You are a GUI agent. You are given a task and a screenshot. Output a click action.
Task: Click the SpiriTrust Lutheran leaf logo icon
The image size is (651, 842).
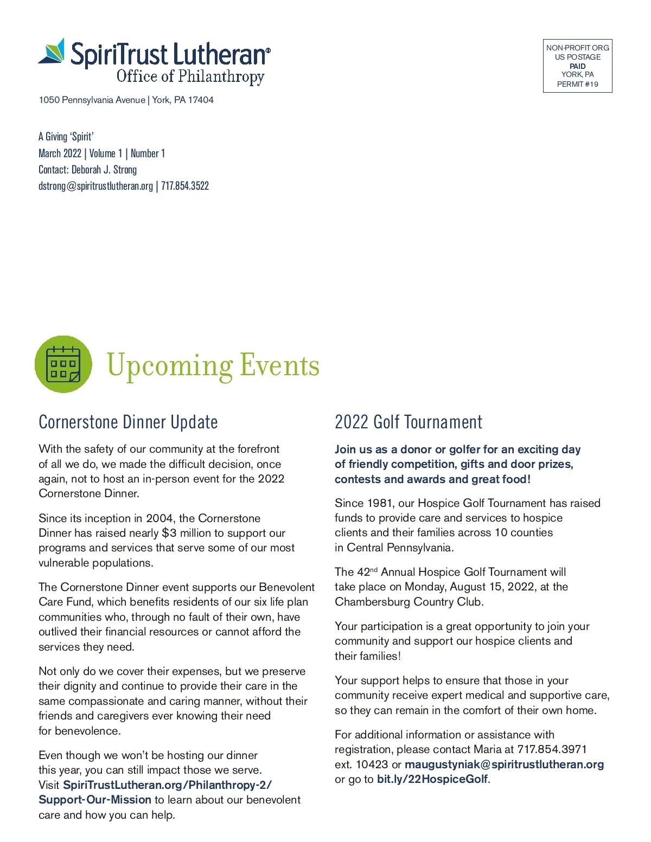53,52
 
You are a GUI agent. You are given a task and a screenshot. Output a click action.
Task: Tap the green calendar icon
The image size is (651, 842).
63,364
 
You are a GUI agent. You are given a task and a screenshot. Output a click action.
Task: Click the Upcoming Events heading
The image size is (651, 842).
213,365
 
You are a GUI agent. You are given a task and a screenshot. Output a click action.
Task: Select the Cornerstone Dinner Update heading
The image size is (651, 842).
128,422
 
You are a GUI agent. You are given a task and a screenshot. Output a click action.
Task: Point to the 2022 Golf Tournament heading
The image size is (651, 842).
409,422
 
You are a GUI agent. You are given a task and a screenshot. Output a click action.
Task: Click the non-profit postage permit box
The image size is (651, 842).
577,66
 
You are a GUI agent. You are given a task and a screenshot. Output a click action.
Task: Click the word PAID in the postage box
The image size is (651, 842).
577,66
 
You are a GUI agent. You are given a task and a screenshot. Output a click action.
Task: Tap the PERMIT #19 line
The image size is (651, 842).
577,84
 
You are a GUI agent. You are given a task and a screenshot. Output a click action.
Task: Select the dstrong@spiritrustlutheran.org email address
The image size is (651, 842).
95,186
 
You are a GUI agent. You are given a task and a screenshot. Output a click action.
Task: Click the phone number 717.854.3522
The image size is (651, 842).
185,186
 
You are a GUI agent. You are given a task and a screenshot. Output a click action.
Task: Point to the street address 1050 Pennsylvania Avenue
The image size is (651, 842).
92,100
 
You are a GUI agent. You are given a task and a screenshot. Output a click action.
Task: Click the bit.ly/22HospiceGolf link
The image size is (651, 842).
432,779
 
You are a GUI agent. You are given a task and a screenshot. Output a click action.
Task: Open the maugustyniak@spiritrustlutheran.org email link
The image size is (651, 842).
504,764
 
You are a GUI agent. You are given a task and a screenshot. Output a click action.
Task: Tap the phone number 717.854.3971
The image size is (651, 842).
552,749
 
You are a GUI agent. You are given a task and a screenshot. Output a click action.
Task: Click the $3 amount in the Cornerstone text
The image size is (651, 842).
169,533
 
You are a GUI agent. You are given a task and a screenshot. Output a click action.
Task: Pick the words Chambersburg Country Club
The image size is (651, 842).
409,602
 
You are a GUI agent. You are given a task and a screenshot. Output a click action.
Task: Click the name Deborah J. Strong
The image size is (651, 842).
104,170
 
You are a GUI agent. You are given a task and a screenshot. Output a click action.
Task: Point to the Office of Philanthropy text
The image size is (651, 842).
190,76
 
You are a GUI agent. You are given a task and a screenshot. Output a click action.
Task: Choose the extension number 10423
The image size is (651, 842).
372,764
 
